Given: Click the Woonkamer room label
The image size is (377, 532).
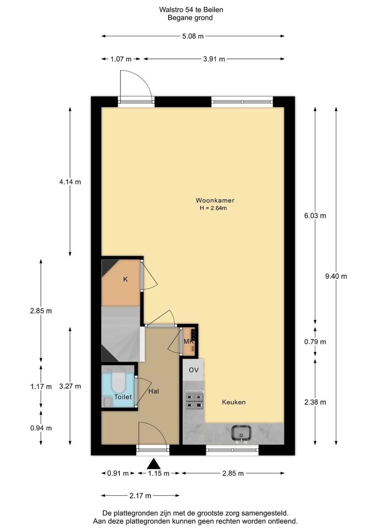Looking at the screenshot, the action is [215, 200].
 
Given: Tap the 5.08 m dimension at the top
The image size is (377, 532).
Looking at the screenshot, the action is [193, 36].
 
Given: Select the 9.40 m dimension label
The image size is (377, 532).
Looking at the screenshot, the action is [336, 276].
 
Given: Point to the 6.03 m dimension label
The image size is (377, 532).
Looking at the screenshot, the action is [315, 216].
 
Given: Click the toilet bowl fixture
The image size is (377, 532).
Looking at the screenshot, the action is [118, 382].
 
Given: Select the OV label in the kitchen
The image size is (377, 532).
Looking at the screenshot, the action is [194, 370].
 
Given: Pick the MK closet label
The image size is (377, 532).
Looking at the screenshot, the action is [188, 342].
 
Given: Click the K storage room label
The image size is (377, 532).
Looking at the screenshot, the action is [125, 279].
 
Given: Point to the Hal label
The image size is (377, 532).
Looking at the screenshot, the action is [154, 392].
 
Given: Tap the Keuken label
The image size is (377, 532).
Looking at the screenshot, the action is [234, 402].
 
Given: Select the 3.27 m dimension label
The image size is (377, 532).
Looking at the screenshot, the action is [70, 386].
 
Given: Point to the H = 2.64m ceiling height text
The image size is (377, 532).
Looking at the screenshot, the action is [213, 208].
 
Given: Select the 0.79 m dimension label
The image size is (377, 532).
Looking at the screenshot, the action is [315, 342].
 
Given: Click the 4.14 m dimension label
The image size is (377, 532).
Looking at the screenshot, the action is [70, 182].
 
